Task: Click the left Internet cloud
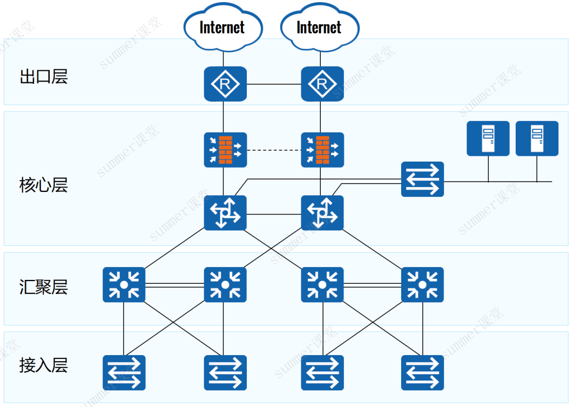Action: pos(223,27)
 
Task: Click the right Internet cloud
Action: pos(320,27)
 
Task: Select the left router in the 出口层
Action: pos(225,84)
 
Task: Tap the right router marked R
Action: pos(322,84)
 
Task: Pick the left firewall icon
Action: pos(225,150)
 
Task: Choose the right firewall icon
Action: pos(322,150)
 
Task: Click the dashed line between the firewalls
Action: pos(274,150)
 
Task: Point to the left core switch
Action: pos(225,213)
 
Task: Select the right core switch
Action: pos(322,213)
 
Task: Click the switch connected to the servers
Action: pos(422,179)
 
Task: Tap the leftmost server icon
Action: pos(488,138)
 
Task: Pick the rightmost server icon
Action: pos(537,138)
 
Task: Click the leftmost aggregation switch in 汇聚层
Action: pos(124,285)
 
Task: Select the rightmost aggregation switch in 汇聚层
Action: pos(422,285)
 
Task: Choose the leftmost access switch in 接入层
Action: pos(124,372)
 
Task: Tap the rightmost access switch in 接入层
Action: pos(422,372)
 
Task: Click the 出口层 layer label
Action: pos(44,77)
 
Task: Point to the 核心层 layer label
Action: pos(44,185)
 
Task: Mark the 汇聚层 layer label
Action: pos(44,287)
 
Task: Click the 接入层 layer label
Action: pos(44,365)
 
